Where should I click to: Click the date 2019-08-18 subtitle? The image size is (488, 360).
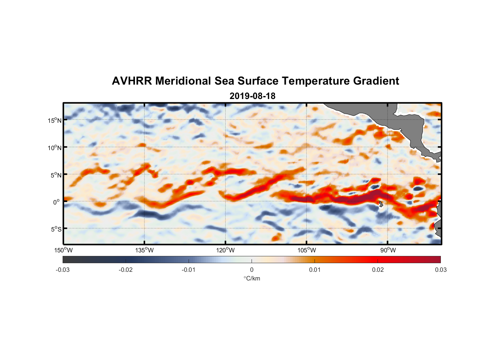pos(252,96)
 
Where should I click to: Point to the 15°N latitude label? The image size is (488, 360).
pos(55,121)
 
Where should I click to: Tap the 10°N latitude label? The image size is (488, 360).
pos(55,148)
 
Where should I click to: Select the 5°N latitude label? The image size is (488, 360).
pos(56,175)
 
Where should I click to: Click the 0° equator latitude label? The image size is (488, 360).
pos(57,202)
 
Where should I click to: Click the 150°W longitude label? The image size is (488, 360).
pos(64,250)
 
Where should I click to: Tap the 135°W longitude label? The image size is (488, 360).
pos(145,250)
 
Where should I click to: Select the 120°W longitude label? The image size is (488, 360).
pos(226,250)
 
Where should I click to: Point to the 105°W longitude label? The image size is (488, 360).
pos(307,250)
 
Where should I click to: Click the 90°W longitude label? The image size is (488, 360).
pos(388,250)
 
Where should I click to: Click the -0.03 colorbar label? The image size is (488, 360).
pos(63,270)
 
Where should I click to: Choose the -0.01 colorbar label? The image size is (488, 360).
pos(189,270)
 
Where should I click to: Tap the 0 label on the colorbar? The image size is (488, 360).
pos(252,270)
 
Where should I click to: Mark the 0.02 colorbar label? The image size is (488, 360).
pos(378,270)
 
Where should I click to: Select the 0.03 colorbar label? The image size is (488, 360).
pos(440,270)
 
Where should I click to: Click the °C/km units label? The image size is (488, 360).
pos(252,278)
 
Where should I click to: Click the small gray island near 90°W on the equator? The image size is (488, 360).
pos(381,204)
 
